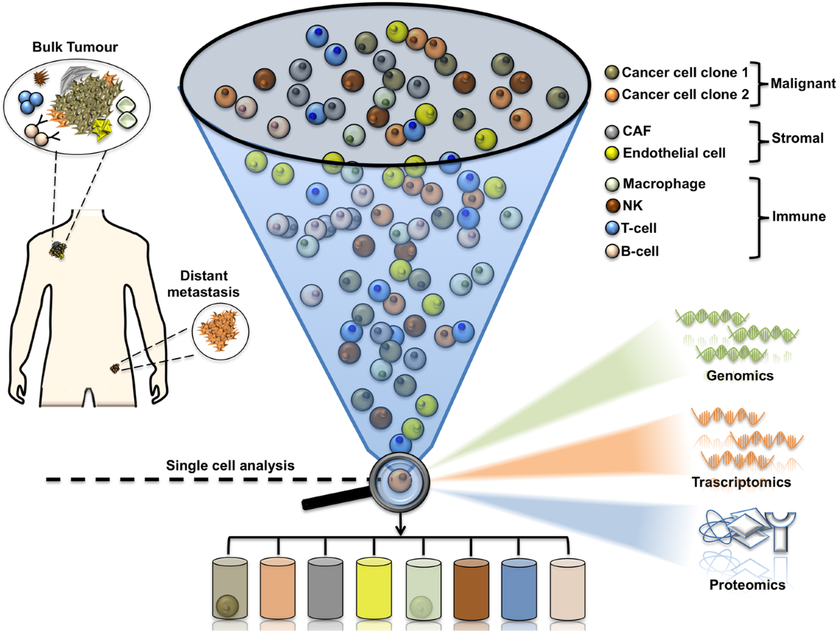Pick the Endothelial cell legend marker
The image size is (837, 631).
coord(613,150)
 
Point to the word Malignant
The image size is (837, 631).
coord(802,83)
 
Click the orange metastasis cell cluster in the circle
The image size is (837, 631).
coord(220,326)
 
